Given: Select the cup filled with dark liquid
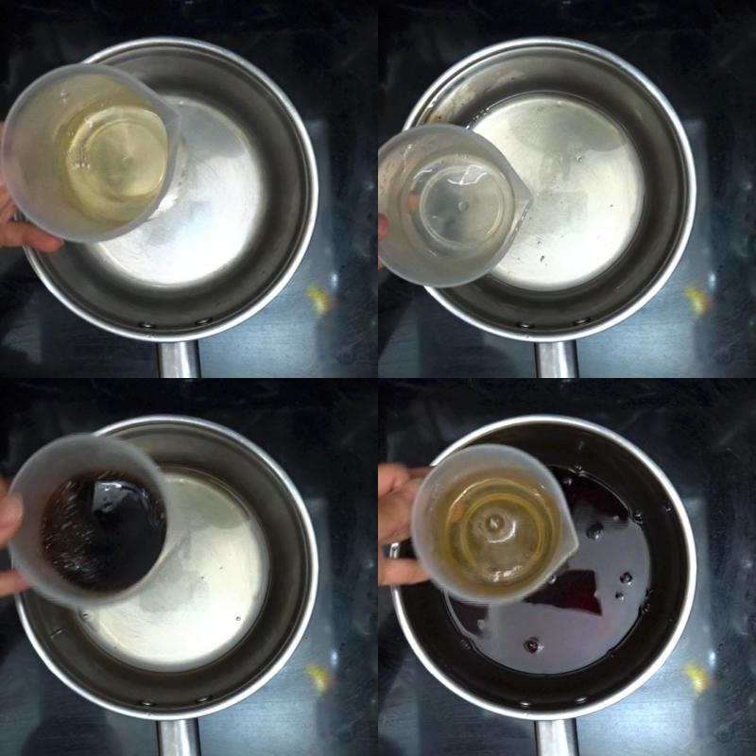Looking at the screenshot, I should click(x=94, y=520).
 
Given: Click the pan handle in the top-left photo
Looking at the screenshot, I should click(x=179, y=359).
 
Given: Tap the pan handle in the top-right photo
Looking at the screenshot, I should click(x=557, y=359).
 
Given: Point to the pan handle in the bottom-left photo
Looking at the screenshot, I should click(x=179, y=737).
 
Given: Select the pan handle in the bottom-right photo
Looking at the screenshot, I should click(x=557, y=737).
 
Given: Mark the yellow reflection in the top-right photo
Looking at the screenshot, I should click(x=697, y=301).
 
